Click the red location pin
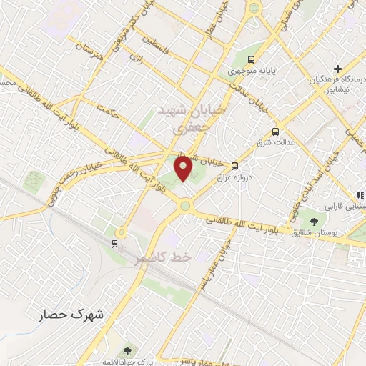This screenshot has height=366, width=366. (x=184, y=170)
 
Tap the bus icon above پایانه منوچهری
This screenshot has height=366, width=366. (x=251, y=60)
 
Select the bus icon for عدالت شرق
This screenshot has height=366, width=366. (x=275, y=132)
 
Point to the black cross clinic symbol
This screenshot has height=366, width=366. (x=337, y=68)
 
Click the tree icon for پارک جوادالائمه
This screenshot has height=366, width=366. (x=127, y=350)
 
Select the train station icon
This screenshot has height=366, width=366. (x=114, y=243)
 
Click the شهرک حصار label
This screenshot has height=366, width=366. (x=70, y=313)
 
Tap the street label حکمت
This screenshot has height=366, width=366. (x=109, y=112)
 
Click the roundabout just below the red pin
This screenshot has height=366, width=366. (x=185, y=206)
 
